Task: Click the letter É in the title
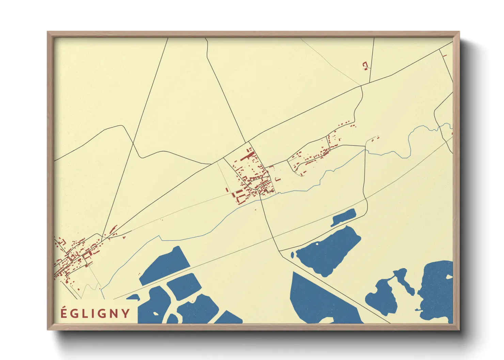pos(64,313)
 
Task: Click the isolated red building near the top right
pos(365,65)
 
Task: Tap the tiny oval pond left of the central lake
pos(292,255)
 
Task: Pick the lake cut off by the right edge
pos(438,289)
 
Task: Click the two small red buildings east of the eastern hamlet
pos(375,138)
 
